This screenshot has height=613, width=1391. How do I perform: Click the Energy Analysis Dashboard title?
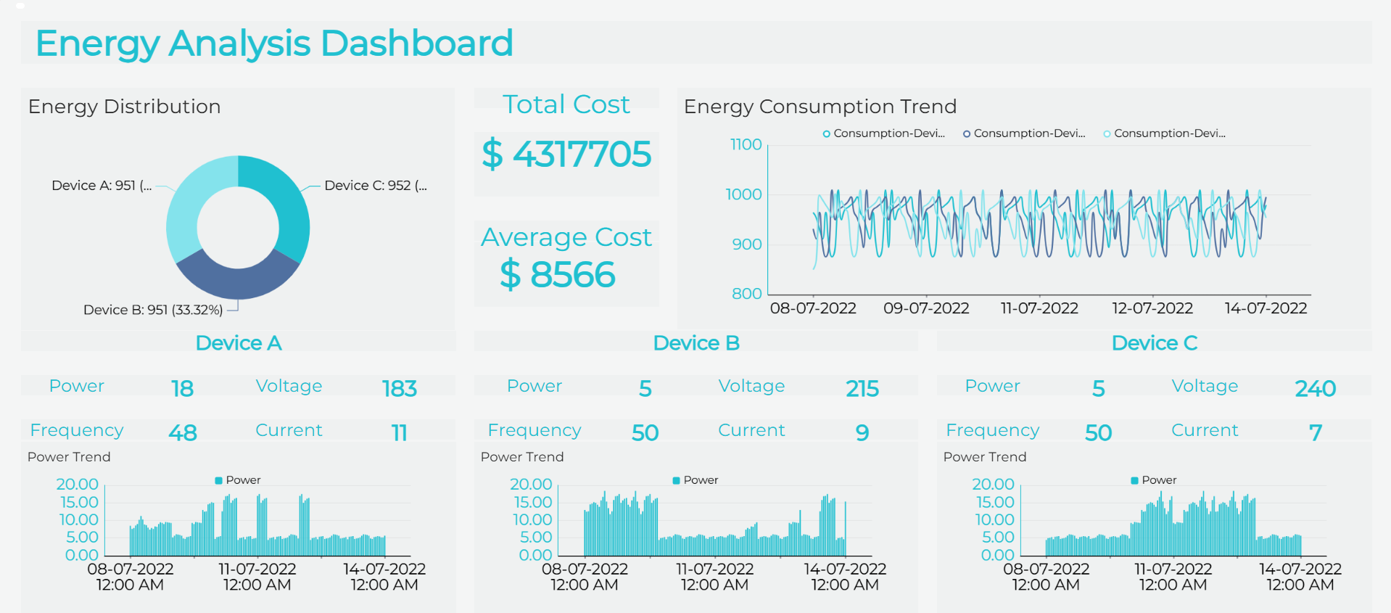coord(274,44)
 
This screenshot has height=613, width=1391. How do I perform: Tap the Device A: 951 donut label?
coord(102,186)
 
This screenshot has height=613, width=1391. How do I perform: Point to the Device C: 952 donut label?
coord(375,186)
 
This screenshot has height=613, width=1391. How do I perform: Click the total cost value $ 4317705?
coord(566,155)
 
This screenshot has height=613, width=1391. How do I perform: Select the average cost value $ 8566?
coord(558,275)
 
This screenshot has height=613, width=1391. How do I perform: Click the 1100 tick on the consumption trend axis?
coord(746,144)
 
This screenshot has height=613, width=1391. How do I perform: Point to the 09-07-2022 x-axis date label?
coord(926,308)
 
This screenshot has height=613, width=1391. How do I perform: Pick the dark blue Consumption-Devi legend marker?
coord(967,133)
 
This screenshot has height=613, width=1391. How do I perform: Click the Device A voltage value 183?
coord(400,389)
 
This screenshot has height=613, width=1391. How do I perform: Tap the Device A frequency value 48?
coord(183,433)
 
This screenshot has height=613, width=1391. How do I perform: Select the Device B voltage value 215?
coord(862,389)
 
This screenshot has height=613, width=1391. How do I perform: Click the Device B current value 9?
coord(862,433)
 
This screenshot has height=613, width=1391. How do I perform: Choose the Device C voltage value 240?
coord(1315,389)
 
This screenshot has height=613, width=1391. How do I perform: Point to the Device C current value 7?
coord(1315,433)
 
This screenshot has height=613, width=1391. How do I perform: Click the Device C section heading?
coord(1154,343)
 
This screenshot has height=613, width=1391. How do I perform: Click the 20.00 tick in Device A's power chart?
coord(78,484)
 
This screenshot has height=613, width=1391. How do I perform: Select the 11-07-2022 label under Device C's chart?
coord(1173,569)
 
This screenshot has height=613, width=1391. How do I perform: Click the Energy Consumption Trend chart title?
coord(820,107)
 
